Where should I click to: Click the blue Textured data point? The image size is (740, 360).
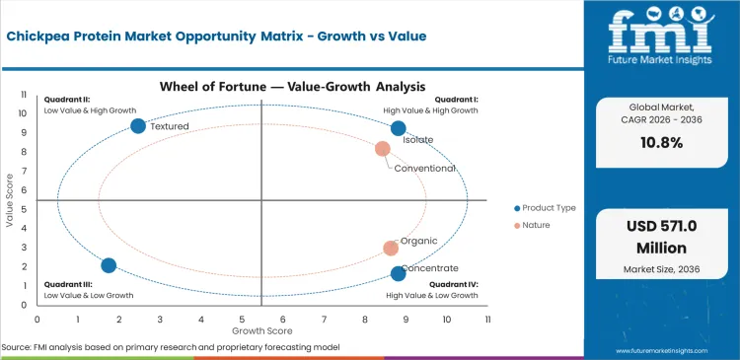point(138,125)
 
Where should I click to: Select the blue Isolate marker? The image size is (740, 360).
point(398,128)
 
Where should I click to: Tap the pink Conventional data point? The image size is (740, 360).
point(383,149)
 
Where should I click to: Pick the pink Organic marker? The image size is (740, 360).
point(391,249)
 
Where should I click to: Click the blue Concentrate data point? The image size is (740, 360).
point(398,273)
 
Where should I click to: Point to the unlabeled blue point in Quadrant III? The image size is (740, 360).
point(109,265)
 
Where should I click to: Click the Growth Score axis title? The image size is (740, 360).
point(261,330)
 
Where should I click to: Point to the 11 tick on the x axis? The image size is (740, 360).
point(487,319)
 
